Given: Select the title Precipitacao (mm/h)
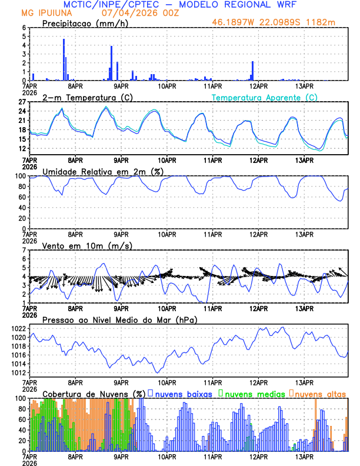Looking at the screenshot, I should [x=84, y=23].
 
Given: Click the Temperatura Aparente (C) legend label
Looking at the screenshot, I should [x=265, y=97].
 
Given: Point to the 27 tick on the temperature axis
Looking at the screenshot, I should [x=22, y=102].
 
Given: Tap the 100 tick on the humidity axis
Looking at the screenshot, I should [x=20, y=176].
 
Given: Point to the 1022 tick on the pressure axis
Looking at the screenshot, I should [x=18, y=328].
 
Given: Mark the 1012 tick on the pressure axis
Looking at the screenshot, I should [x=18, y=372].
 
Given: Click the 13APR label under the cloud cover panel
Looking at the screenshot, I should [x=304, y=456].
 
